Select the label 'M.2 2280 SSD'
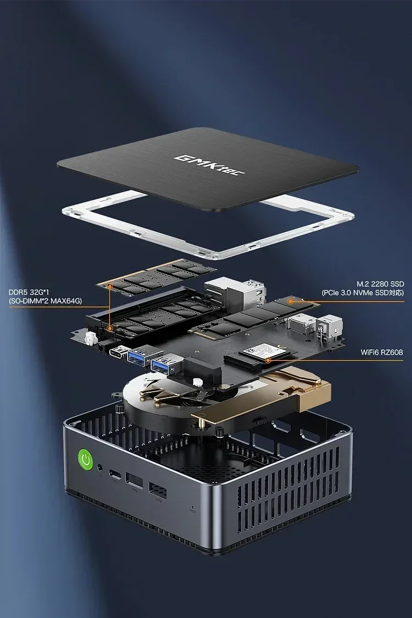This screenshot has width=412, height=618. coord(380,283)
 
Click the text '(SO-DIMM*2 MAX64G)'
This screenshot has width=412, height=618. coord(45,300)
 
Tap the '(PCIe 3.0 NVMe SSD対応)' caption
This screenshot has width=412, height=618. coord(363,293)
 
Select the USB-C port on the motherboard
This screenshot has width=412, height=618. coord(116,351)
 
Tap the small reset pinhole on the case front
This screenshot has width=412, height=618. coord(191,508)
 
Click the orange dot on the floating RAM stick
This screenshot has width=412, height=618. coord(110,286)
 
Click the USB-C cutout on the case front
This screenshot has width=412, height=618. coord(116,475)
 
